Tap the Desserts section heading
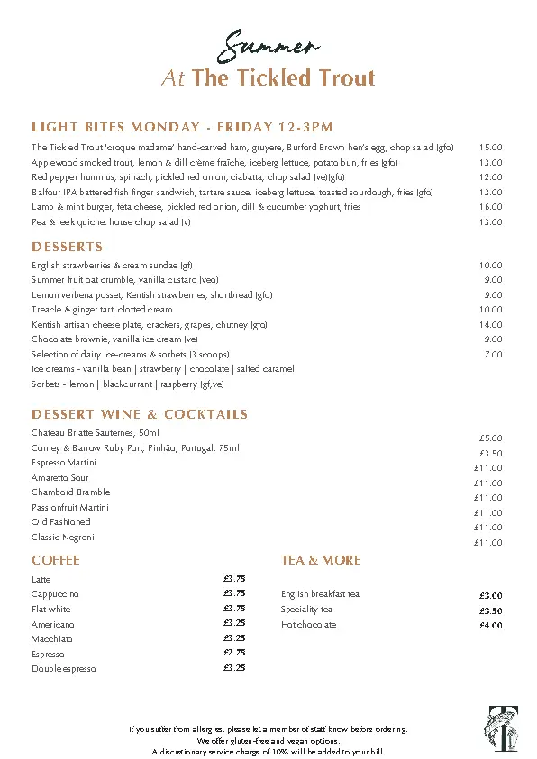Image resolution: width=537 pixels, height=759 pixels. tap(68, 247)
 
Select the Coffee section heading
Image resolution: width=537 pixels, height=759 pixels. tap(56, 560)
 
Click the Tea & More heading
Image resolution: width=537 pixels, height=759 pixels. tap(321, 560)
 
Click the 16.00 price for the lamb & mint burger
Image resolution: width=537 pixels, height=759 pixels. tap(490, 207)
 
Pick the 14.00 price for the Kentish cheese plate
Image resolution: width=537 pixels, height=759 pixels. tap(490, 324)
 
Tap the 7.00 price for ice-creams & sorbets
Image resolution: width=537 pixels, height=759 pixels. tap(493, 355)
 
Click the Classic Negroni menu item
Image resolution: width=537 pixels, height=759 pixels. tap(63, 538)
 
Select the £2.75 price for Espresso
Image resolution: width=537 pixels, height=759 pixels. tap(234, 653)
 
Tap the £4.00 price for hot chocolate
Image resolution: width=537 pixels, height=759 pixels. tap(490, 626)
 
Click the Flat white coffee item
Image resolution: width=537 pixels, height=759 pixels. tap(51, 609)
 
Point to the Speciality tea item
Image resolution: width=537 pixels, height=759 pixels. tap(307, 610)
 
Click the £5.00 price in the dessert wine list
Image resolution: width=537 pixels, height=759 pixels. tap(490, 438)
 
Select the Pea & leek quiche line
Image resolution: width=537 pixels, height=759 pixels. tap(111, 221)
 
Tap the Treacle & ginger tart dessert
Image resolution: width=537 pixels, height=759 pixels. tap(102, 310)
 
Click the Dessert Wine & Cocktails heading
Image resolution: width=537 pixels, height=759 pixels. tap(140, 414)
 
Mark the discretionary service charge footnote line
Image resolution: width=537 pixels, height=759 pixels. tap(268, 751)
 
